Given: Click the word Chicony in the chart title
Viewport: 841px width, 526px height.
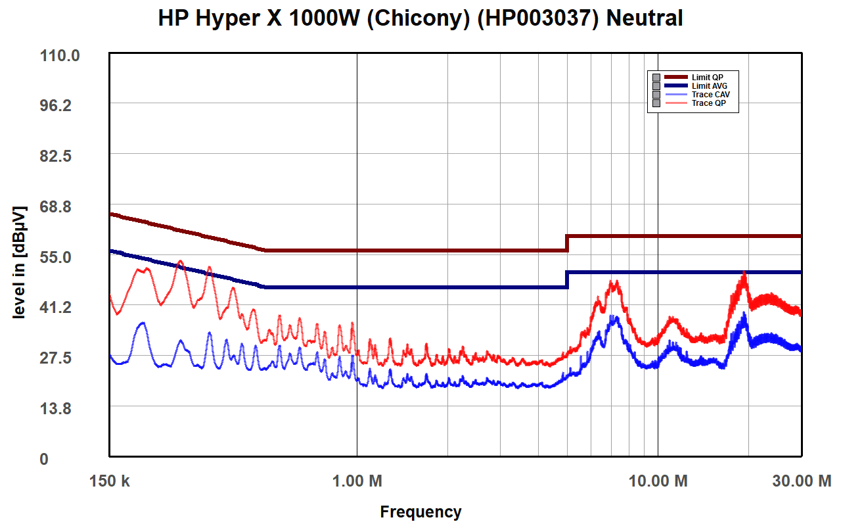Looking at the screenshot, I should pyautogui.click(x=419, y=18).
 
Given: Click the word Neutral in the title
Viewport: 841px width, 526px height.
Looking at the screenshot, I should pyautogui.click(x=644, y=18).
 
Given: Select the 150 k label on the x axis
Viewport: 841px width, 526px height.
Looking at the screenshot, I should pyautogui.click(x=110, y=481).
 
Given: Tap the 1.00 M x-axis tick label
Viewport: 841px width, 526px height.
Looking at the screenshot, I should pyautogui.click(x=357, y=481).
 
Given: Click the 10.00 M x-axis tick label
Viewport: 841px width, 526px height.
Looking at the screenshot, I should pyautogui.click(x=658, y=481).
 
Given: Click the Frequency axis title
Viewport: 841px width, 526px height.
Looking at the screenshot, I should pyautogui.click(x=420, y=512).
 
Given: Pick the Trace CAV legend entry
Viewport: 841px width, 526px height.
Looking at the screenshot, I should pyautogui.click(x=710, y=95).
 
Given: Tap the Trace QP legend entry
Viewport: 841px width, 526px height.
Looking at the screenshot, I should pyautogui.click(x=708, y=103).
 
